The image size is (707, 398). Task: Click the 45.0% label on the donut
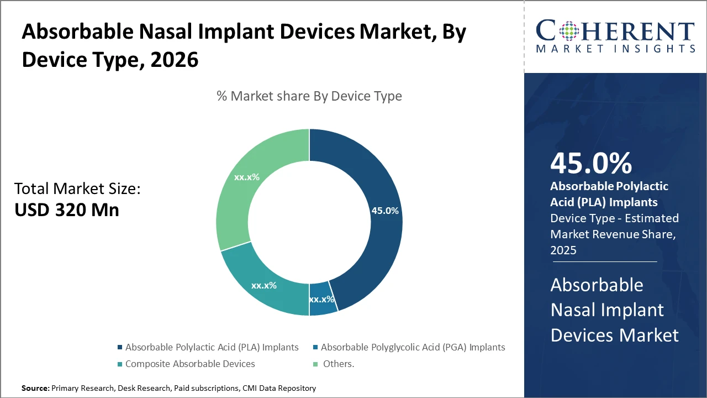385,211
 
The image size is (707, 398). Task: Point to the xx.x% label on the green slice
247,177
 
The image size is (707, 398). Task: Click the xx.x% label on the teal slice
264,286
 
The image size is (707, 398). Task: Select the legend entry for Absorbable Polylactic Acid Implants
212,348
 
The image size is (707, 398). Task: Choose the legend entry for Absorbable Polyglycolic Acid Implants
413,348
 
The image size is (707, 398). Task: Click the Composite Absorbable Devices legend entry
190,364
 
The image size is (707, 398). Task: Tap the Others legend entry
337,364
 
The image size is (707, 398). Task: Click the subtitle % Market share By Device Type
309,96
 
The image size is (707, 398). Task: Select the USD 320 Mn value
66,210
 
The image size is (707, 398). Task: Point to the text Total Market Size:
77,189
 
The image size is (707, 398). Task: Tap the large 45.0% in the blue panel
591,164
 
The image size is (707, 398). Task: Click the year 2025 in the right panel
563,250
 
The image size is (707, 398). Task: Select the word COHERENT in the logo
615,32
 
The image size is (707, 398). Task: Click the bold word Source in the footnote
35,389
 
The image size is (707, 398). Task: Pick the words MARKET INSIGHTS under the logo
615,49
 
